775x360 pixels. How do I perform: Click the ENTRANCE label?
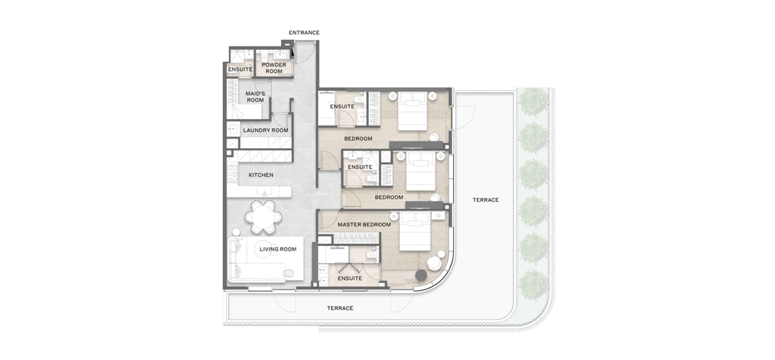point(304,33)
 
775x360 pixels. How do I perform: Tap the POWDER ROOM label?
point(274,68)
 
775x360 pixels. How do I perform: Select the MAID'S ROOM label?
point(255,97)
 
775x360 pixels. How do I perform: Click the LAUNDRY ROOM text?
point(266,130)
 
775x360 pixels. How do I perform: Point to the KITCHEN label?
point(261,175)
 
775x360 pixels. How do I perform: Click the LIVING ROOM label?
point(278,249)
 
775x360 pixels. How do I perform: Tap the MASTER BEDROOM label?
point(364,225)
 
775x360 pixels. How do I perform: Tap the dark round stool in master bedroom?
point(421,275)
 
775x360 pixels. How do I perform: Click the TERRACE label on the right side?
point(486,200)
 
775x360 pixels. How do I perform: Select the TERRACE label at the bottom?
point(340,308)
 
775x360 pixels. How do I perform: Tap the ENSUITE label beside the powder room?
point(240,69)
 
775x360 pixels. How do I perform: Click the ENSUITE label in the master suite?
point(350,278)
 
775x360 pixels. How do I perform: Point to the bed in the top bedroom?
point(412,111)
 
